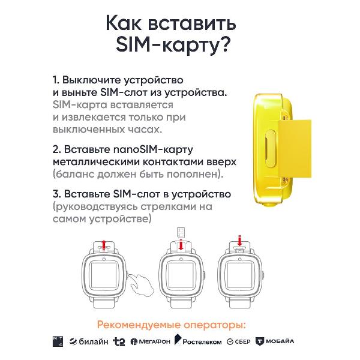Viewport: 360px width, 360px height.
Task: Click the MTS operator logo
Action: coord(58,341)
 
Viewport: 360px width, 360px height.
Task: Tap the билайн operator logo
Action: coord(89,341)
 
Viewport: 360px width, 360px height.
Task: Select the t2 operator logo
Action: coord(119,341)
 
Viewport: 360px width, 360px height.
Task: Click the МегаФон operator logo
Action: coord(151,341)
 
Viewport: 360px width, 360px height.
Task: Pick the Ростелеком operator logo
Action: coord(198,340)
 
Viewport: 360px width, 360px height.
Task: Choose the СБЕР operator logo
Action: coord(238,341)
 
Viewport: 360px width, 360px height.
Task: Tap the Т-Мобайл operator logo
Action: coord(275,341)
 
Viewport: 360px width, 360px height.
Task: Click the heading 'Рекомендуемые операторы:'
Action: coord(171,325)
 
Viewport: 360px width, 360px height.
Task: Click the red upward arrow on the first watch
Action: coord(104,244)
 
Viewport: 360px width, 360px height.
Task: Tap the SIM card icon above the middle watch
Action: coord(181,233)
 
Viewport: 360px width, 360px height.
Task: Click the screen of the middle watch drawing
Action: coord(181,275)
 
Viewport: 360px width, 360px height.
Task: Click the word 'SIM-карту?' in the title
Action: coord(173,44)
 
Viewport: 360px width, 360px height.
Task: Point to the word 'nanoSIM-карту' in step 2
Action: coord(153,149)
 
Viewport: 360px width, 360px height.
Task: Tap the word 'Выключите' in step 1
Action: coord(92,80)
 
